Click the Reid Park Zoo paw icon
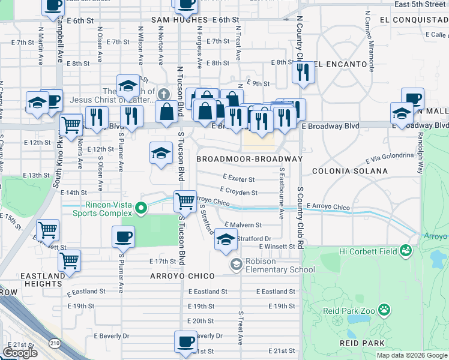coord(384,310)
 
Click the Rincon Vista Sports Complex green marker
coord(141,209)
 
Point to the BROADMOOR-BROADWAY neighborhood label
coord(250,159)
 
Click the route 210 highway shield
coord(55,343)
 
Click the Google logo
coord(19,353)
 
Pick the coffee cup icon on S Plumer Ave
coord(123,236)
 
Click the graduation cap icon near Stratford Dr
coord(226,240)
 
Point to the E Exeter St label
coord(238,179)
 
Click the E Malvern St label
coord(244,225)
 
